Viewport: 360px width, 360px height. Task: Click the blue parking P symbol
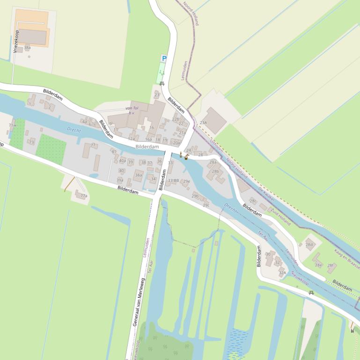pyautogui.click(x=164, y=58)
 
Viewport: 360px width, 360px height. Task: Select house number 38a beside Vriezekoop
pyautogui.click(x=28, y=48)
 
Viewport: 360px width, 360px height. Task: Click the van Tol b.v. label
pyautogui.click(x=132, y=110)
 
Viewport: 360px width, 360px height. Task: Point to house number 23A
pyautogui.click(x=203, y=122)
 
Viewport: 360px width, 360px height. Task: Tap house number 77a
pyautogui.click(x=84, y=196)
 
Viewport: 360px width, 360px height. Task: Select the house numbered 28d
pyautogui.click(x=309, y=245)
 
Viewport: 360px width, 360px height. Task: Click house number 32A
pyautogui.click(x=282, y=273)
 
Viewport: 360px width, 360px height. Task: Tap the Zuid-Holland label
pyautogui.click(x=281, y=217)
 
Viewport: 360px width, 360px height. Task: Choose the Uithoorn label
pyautogui.click(x=216, y=145)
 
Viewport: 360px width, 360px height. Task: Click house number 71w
pyautogui.click(x=12, y=125)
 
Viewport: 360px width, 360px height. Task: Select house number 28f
pyautogui.click(x=331, y=266)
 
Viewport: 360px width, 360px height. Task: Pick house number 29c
pyautogui.click(x=206, y=205)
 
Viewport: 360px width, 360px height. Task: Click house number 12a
pyautogui.click(x=132, y=138)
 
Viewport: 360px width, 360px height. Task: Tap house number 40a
pyautogui.click(x=122, y=160)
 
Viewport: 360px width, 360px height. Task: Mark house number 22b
pyautogui.click(x=176, y=119)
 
